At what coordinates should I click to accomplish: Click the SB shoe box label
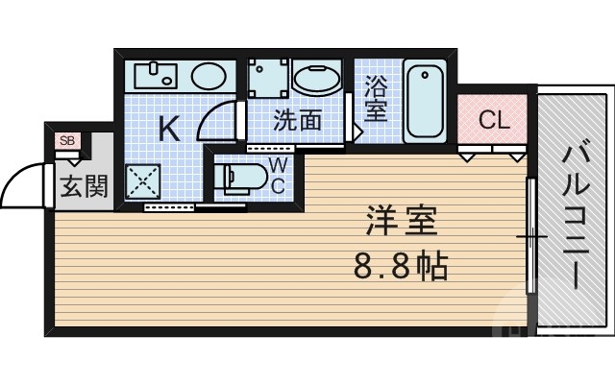point(66,141)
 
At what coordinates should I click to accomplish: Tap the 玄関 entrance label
point(85,185)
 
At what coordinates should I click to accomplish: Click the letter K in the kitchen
point(168,129)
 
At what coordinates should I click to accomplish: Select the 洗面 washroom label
point(297,121)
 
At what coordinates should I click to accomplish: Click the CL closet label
point(493,120)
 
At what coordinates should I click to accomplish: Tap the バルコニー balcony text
point(574,216)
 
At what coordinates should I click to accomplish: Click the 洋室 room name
point(401,222)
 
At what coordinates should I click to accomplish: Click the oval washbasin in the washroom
point(316,80)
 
